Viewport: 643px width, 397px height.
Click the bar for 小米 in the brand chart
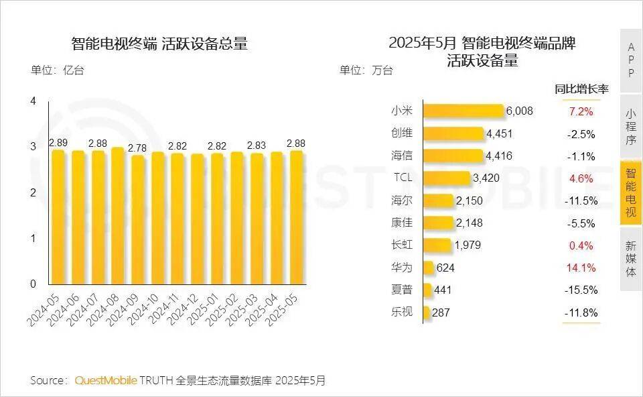pos(463,111)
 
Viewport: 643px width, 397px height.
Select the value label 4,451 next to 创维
pos(499,133)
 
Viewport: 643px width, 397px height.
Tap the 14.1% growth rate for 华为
pos(581,268)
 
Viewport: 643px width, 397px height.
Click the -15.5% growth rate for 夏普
pos(581,290)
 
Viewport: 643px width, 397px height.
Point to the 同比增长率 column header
pos(581,89)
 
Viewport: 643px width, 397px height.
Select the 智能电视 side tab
pos(630,192)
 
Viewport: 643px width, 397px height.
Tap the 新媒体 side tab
pos(630,258)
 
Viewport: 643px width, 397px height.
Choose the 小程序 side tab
pos(630,127)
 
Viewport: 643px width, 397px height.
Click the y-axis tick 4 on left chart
pos(33,101)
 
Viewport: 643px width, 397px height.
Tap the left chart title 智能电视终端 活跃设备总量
pos(159,45)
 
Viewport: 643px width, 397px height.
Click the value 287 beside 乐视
pos(441,313)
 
